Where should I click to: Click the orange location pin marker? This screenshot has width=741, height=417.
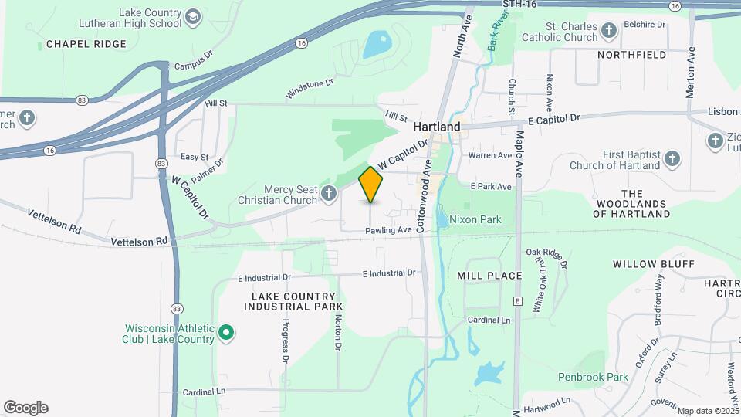point(371,184)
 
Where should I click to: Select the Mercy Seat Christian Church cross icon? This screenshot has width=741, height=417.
point(330,193)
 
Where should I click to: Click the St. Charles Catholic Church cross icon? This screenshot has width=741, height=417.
point(609,31)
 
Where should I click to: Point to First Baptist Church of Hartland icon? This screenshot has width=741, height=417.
point(672,160)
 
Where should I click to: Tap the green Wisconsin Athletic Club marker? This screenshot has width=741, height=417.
point(226,334)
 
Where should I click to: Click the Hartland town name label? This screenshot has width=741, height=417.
point(436,127)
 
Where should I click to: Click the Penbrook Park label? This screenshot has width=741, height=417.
point(593,377)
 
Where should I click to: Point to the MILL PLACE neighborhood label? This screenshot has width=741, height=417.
point(489,276)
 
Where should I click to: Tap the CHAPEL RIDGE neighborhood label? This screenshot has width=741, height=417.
point(86,44)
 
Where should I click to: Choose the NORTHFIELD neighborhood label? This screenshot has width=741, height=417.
point(631,55)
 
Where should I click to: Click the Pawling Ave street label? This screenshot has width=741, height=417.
point(388,230)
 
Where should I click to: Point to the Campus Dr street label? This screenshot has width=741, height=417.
point(193,63)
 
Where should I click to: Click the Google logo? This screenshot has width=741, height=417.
point(25,408)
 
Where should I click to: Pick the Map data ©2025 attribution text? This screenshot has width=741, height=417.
point(708,411)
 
